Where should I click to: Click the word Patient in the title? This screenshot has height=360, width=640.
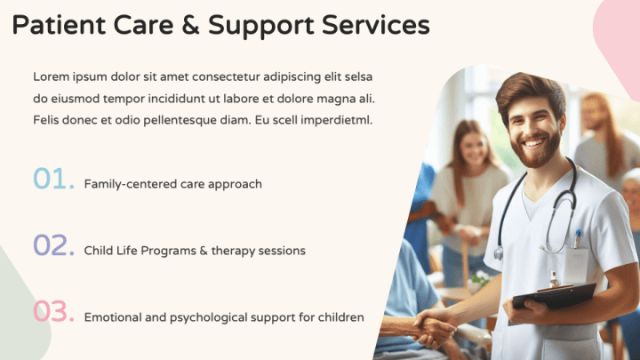point(60,25)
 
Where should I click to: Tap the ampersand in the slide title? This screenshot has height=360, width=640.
point(190,25)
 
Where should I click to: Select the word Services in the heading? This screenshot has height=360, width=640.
point(375,25)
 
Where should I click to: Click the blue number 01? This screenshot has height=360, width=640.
point(53,178)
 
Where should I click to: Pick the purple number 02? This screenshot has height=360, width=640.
point(53,245)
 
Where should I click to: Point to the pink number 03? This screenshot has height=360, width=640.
point(53,311)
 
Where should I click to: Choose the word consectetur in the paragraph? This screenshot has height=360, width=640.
point(226,76)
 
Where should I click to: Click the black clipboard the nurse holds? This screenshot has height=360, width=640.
point(554,297)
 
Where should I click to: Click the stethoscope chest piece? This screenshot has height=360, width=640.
point(499,253)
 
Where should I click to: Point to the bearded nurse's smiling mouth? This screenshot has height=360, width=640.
point(534,143)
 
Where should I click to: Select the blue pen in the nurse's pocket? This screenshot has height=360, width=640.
point(578,238)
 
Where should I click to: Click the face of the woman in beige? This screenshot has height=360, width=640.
point(474,146)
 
